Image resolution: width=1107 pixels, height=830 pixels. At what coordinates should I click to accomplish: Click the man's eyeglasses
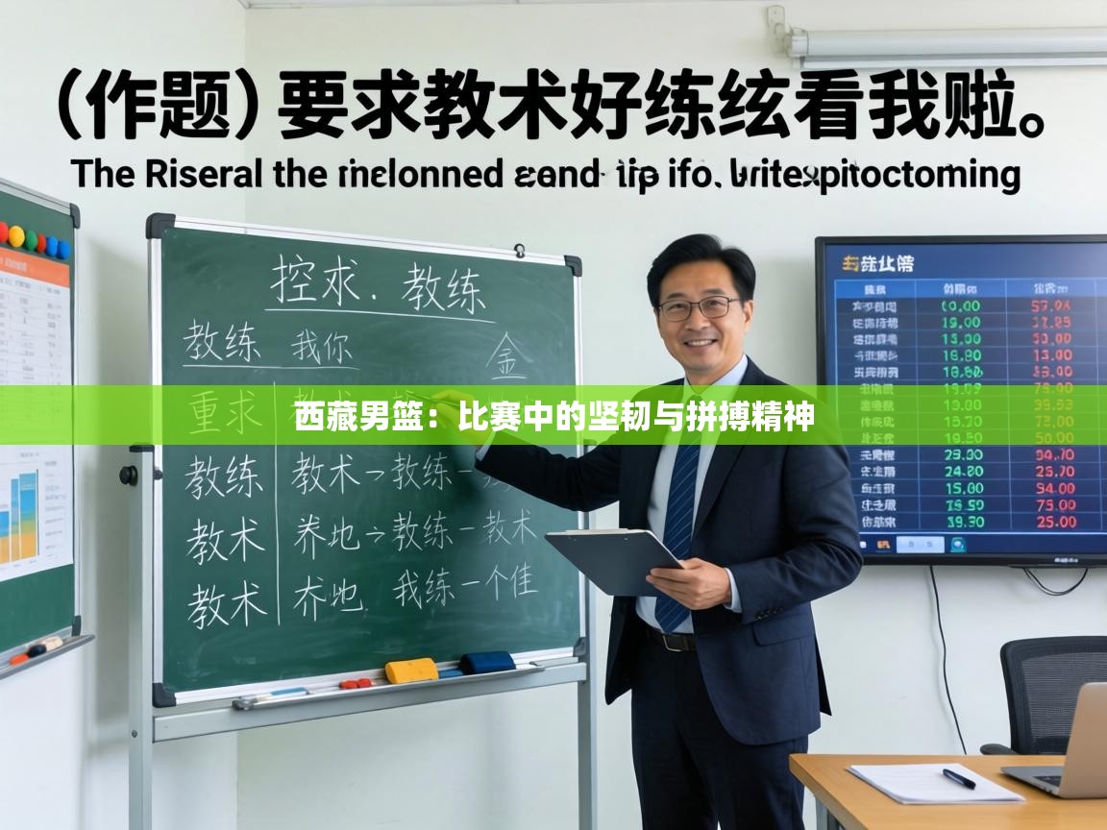coord(699,307)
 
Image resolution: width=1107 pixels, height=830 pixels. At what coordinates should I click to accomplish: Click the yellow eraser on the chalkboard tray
coord(411,670)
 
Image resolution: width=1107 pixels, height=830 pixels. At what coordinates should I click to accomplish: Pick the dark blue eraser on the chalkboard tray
coord(486,663)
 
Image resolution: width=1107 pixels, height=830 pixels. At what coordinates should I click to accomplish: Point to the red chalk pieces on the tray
coord(355,684)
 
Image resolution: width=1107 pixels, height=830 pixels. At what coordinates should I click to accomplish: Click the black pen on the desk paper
coord(958,778)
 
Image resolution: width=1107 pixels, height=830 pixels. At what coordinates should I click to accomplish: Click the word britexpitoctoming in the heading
coord(874,175)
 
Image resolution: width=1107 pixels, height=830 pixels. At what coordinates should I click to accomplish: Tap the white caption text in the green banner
coord(554,418)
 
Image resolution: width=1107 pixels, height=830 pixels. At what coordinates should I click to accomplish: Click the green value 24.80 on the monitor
coord(963,472)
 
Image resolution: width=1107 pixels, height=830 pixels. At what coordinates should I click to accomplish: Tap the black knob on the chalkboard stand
coord(129,475)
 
